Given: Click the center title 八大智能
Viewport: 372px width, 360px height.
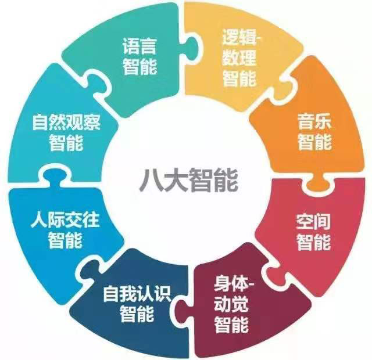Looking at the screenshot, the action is pyautogui.click(x=188, y=180).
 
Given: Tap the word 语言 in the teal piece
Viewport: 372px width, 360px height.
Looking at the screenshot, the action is pyautogui.click(x=139, y=46).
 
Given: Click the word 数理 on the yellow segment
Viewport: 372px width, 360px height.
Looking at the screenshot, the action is pyautogui.click(x=239, y=58).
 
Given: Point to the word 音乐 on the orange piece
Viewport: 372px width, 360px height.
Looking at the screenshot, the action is pyautogui.click(x=314, y=121).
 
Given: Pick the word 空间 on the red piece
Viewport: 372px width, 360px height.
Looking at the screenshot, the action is pyautogui.click(x=313, y=222).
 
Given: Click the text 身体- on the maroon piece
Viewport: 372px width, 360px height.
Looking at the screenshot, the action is pyautogui.click(x=234, y=283).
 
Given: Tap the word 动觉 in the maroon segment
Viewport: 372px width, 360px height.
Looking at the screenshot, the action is pyautogui.click(x=231, y=304).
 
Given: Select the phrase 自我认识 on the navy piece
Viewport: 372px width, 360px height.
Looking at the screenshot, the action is pyautogui.click(x=137, y=294).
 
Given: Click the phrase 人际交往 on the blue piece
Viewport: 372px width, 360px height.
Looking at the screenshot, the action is pyautogui.click(x=65, y=220).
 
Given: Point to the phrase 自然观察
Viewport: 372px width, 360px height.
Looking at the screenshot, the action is pyautogui.click(x=66, y=123).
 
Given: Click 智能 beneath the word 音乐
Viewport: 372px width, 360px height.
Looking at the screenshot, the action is pyautogui.click(x=314, y=142).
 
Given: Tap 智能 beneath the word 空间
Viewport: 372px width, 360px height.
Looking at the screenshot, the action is pyautogui.click(x=313, y=242).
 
